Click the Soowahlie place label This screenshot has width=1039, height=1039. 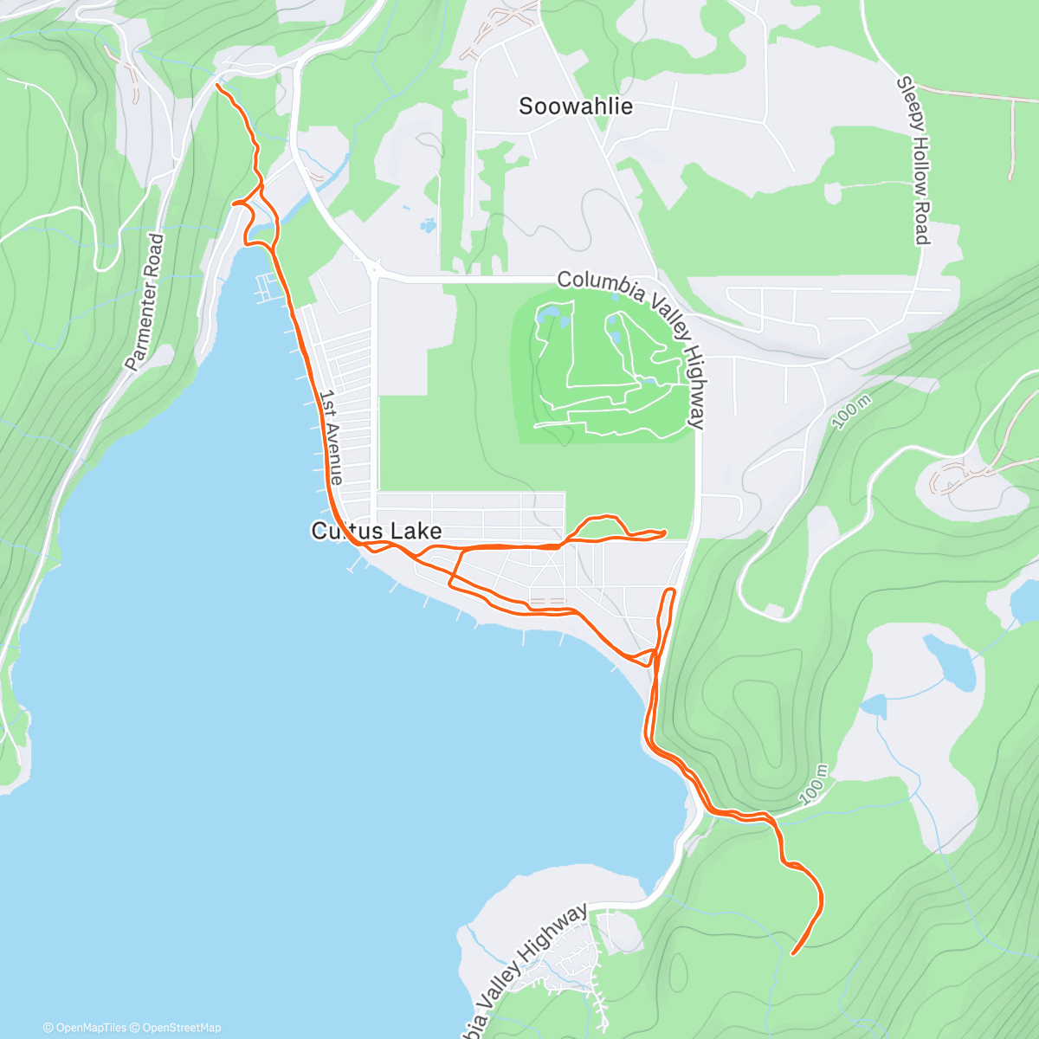click(x=576, y=106)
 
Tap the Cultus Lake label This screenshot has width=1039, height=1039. click(x=377, y=531)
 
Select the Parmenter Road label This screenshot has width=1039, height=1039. click(x=144, y=302)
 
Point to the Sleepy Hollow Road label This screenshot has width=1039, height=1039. click(x=913, y=160)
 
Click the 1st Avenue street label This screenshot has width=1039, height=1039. click(x=331, y=437)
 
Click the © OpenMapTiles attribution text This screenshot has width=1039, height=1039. click(x=86, y=1028)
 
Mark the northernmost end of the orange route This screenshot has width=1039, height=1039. click(x=216, y=85)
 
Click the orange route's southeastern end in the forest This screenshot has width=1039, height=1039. click(x=793, y=954)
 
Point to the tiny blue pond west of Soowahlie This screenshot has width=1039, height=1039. click(x=428, y=226)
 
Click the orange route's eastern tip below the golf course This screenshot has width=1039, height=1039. click(x=665, y=532)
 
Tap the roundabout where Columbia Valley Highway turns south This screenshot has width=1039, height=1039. click(x=374, y=268)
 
